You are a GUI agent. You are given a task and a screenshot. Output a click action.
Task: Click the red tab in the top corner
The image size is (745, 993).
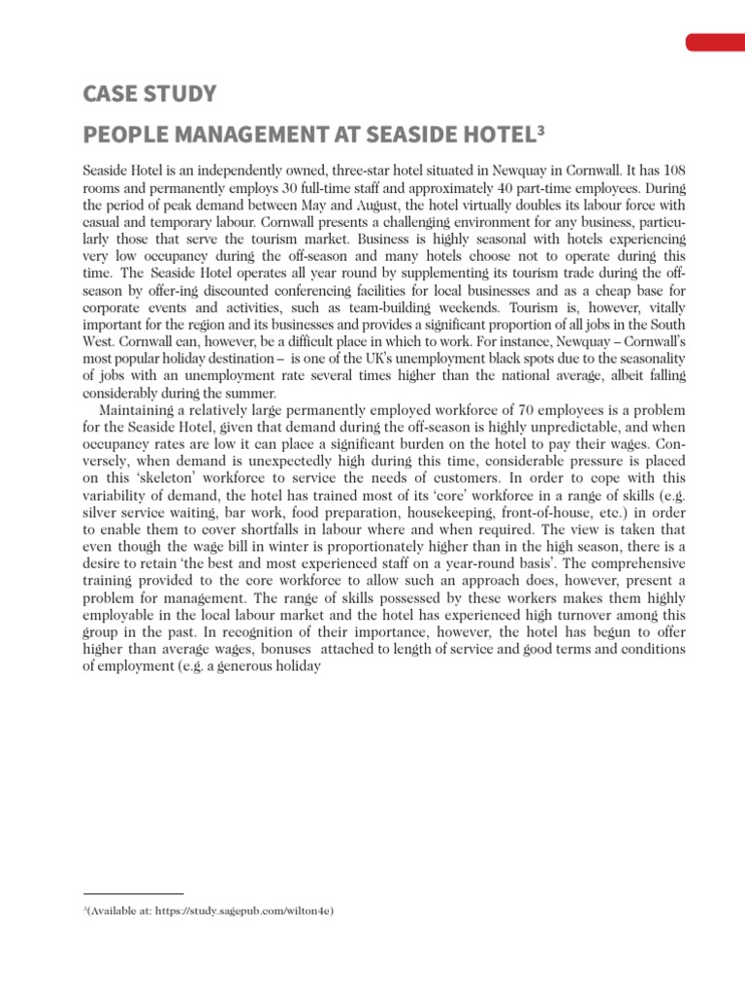(x=715, y=42)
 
